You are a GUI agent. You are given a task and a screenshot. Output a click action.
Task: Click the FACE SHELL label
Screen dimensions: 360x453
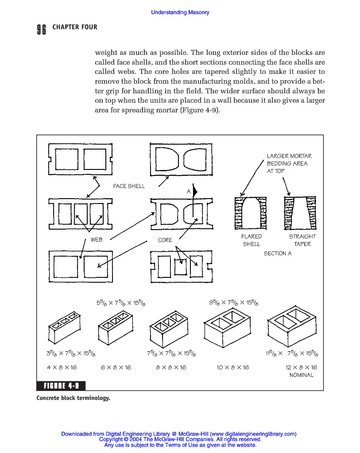point(129,186)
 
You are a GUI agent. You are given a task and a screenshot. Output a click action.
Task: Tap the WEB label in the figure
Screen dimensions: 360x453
point(97,239)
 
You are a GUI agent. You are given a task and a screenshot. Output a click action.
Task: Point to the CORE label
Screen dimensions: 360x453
point(165,240)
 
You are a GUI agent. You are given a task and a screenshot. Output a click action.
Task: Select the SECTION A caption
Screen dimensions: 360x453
point(278,253)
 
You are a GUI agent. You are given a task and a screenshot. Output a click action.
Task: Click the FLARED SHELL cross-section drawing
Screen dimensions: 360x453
point(251,213)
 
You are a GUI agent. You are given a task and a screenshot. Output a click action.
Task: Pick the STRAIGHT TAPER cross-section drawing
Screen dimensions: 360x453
point(300,213)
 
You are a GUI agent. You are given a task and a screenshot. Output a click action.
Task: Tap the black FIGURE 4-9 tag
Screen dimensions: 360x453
point(61,386)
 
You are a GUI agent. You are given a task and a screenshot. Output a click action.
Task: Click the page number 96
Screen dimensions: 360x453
point(41,29)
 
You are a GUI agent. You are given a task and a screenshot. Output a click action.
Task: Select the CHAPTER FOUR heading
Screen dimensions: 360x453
point(74,27)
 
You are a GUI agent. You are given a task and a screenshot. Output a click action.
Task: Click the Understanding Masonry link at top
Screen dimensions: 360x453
point(180,12)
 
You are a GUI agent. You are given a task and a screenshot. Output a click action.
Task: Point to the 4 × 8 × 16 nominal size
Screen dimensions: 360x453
point(62,368)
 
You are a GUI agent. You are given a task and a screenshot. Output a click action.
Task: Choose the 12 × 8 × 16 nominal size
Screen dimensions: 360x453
point(301,368)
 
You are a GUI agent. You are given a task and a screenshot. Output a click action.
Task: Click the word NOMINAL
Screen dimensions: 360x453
point(301,375)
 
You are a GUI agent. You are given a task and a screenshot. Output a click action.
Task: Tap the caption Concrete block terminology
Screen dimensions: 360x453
point(73,398)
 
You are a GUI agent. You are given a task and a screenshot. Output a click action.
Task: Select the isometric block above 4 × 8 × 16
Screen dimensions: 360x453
point(64,327)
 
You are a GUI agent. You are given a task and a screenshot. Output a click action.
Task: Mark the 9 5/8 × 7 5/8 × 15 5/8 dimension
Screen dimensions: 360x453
point(234,303)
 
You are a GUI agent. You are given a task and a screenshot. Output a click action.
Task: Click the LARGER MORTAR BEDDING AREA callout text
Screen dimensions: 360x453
point(289,164)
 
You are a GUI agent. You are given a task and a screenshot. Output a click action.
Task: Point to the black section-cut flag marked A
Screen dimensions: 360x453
point(195,191)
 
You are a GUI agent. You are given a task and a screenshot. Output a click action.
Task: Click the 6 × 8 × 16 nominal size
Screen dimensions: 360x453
point(116,368)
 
